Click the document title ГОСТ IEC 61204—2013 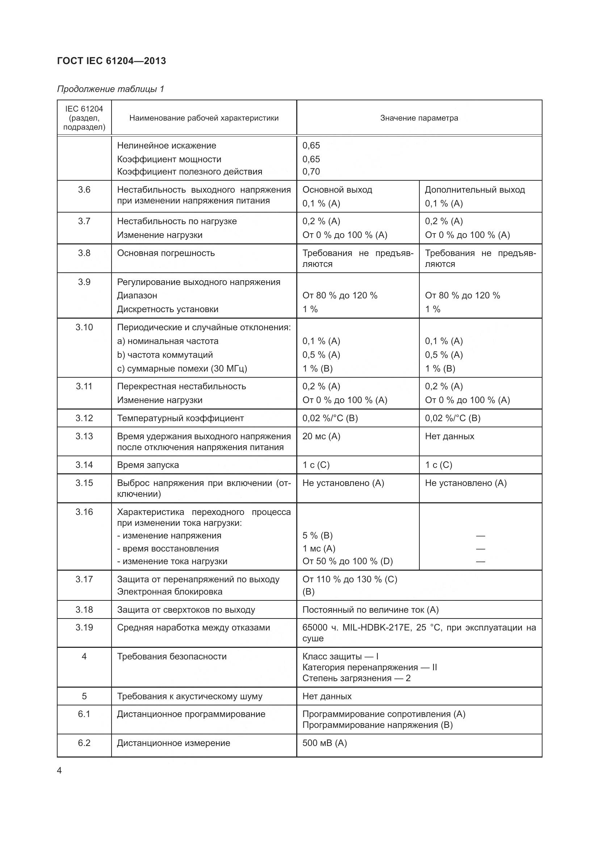tap(112, 61)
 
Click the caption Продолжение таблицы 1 tap(110, 89)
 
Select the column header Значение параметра tap(419, 118)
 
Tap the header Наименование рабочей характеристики tap(204, 118)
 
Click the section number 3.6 tap(84, 190)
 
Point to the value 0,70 tap(311, 172)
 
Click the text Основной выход tap(337, 190)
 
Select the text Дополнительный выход tap(475, 190)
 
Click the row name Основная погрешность tap(166, 253)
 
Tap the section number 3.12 tap(84, 418)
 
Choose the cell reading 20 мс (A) tap(321, 436)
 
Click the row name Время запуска tap(148, 465)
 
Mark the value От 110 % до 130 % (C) tap(350, 579)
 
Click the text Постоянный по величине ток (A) tap(370, 610)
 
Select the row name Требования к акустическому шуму tap(189, 696)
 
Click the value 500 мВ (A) tap(324, 743)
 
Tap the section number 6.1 tap(84, 714)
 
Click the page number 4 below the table tap(60, 771)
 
